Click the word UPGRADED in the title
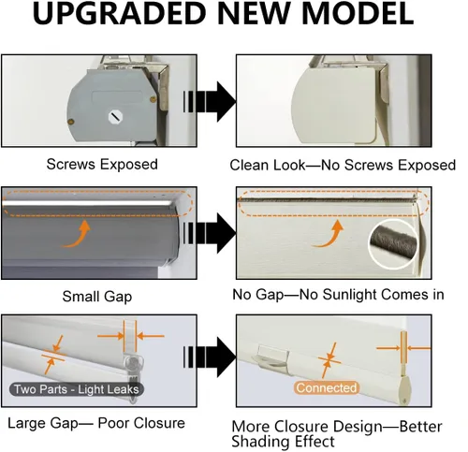point(119,13)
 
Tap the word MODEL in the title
point(358,13)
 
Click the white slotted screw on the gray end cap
point(115,117)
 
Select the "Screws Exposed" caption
point(102,164)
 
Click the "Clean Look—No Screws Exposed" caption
point(343,165)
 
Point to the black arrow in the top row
point(210,102)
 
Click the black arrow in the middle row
point(210,233)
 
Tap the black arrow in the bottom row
point(210,357)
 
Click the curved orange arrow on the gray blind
point(78,236)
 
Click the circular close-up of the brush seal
point(393,244)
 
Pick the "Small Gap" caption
point(97,297)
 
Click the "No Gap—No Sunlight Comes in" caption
point(338,295)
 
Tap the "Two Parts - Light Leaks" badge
point(77,389)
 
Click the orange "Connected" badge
point(327,387)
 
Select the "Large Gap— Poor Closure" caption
point(96,423)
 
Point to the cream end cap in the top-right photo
point(334,105)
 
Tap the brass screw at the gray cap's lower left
point(71,122)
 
